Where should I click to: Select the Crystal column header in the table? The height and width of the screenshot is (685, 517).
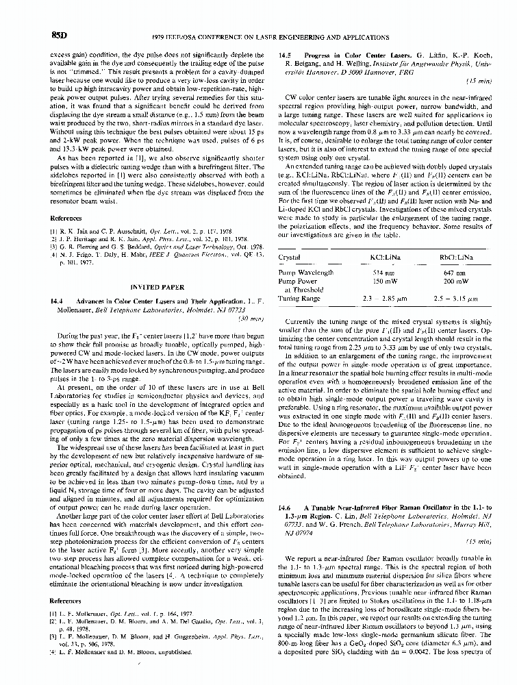pyautogui.click(x=291, y=257)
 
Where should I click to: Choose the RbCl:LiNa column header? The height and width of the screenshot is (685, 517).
pyautogui.click(x=456, y=257)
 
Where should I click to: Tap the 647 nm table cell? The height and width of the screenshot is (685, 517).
pyautogui.click(x=455, y=272)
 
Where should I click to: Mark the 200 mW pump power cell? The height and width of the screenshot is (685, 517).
pyautogui.click(x=455, y=281)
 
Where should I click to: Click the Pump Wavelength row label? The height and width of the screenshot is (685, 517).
pyautogui.click(x=307, y=272)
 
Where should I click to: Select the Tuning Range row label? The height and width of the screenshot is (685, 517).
pyautogui.click(x=300, y=298)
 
